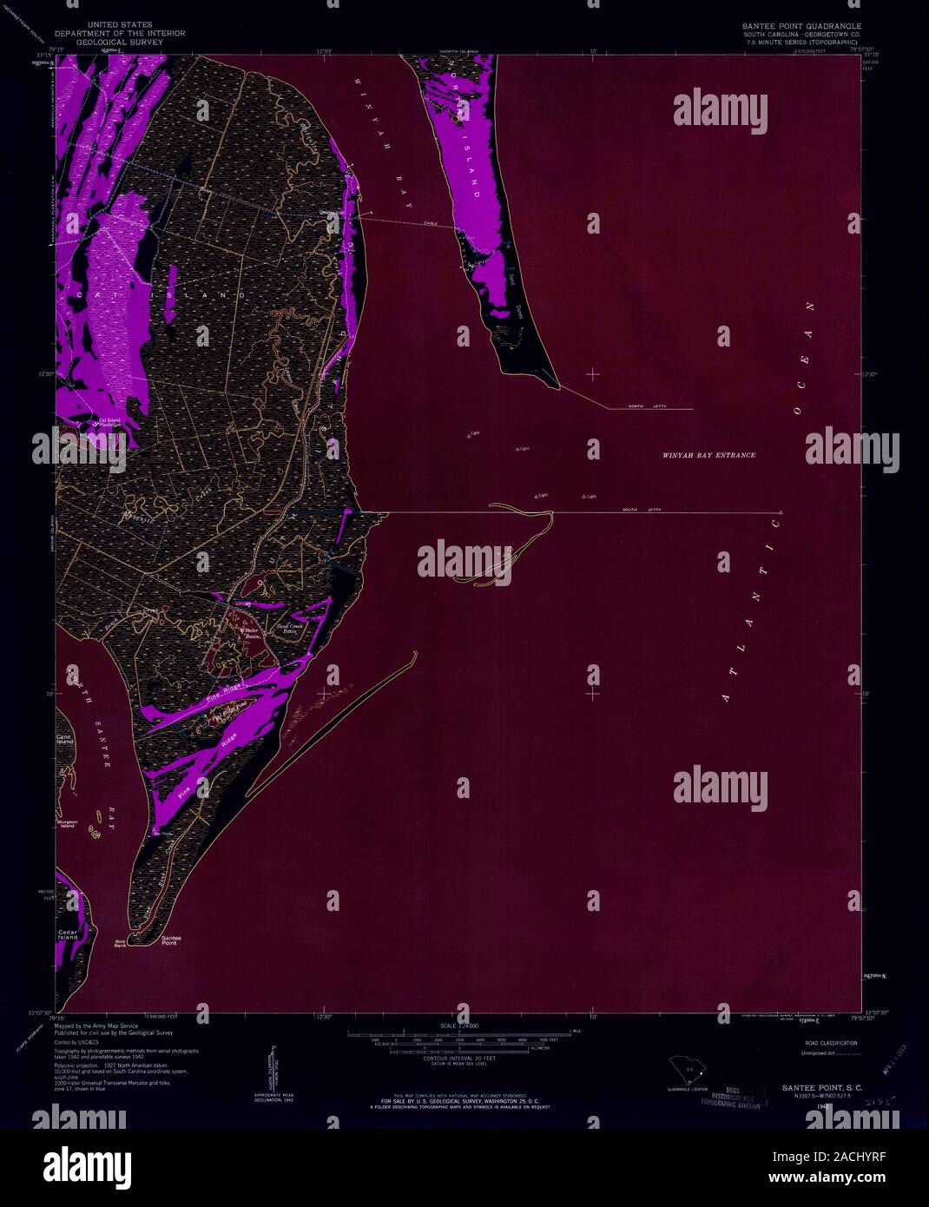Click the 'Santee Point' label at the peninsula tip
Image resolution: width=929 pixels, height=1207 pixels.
168,940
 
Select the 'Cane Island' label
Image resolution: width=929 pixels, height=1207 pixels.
65,740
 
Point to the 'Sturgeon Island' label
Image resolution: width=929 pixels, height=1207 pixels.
67,822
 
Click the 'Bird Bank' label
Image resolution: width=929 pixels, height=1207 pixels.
120,943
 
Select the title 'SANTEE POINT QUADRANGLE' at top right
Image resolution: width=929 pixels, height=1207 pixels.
800,26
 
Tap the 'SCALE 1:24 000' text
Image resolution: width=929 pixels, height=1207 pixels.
464,1025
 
